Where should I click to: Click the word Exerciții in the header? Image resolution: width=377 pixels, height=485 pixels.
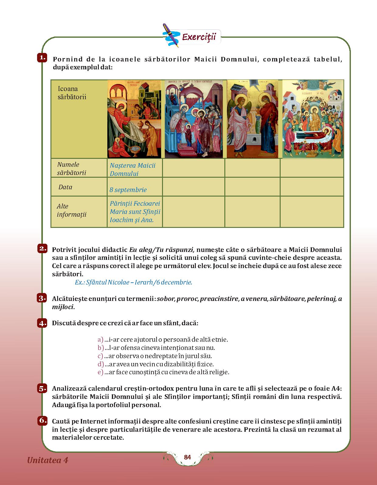pos(199,37)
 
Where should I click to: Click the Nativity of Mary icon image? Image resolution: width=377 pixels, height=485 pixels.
pos(134,119)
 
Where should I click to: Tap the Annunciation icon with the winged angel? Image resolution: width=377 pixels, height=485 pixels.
pos(252,119)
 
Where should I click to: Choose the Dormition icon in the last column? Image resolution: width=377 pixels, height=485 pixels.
pos(313,119)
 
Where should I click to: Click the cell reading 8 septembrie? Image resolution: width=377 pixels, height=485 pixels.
pos(128,190)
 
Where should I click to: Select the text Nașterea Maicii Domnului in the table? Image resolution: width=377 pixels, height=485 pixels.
pos(133,169)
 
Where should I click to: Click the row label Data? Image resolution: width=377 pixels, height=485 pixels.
pos(65,187)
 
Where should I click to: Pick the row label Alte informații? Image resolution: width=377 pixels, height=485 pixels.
pos(71,210)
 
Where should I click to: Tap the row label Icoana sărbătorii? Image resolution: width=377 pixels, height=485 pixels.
pos(72,93)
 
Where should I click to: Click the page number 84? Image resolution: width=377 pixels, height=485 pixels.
pos(187,457)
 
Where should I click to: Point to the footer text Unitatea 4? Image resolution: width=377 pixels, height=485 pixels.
pos(48,460)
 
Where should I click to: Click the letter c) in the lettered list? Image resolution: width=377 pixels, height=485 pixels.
pos(100,356)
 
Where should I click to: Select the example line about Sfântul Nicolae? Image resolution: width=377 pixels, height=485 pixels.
pos(133,282)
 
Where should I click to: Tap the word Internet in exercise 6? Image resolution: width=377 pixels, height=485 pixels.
pos(94,421)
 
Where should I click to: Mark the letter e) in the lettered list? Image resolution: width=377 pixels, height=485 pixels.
pos(100,372)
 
